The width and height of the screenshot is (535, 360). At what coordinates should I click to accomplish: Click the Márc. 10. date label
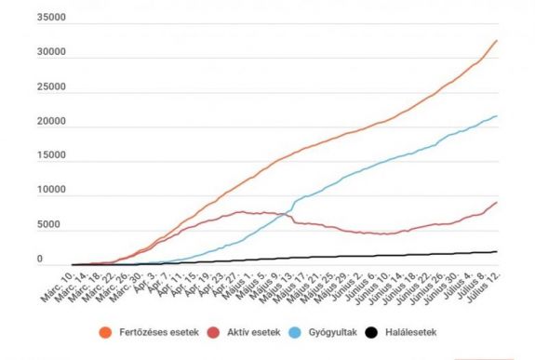(x=57, y=287)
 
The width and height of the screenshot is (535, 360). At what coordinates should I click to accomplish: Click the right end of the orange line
(x=497, y=41)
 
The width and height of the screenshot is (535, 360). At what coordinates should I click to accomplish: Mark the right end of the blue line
(x=497, y=116)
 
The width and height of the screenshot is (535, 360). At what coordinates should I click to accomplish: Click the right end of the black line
(x=497, y=251)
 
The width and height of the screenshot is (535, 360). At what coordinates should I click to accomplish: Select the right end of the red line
(x=497, y=203)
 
